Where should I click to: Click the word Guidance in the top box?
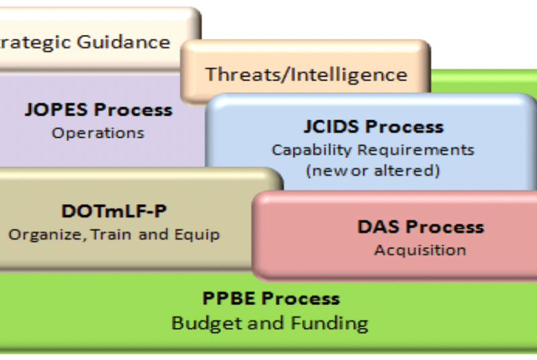pyautogui.click(x=124, y=43)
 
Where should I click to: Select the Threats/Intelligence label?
pyautogui.click(x=306, y=75)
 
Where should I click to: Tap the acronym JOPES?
pyautogui.click(x=56, y=109)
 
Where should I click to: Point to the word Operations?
pyautogui.click(x=98, y=133)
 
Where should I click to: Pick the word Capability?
pyautogui.click(x=309, y=150)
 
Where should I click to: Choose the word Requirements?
pyautogui.click(x=416, y=150)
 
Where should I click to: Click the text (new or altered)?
pyautogui.click(x=373, y=170)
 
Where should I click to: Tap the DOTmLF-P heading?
pyautogui.click(x=114, y=211)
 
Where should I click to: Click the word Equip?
pyautogui.click(x=197, y=235)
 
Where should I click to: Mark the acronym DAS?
pyautogui.click(x=379, y=227)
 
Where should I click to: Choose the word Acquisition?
pyautogui.click(x=420, y=251)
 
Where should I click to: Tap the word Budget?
pyautogui.click(x=207, y=323)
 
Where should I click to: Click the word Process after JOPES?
pyautogui.click(x=133, y=109)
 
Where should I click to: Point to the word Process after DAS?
pyautogui.click(x=446, y=227)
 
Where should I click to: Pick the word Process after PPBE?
pyautogui.click(x=300, y=298)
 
